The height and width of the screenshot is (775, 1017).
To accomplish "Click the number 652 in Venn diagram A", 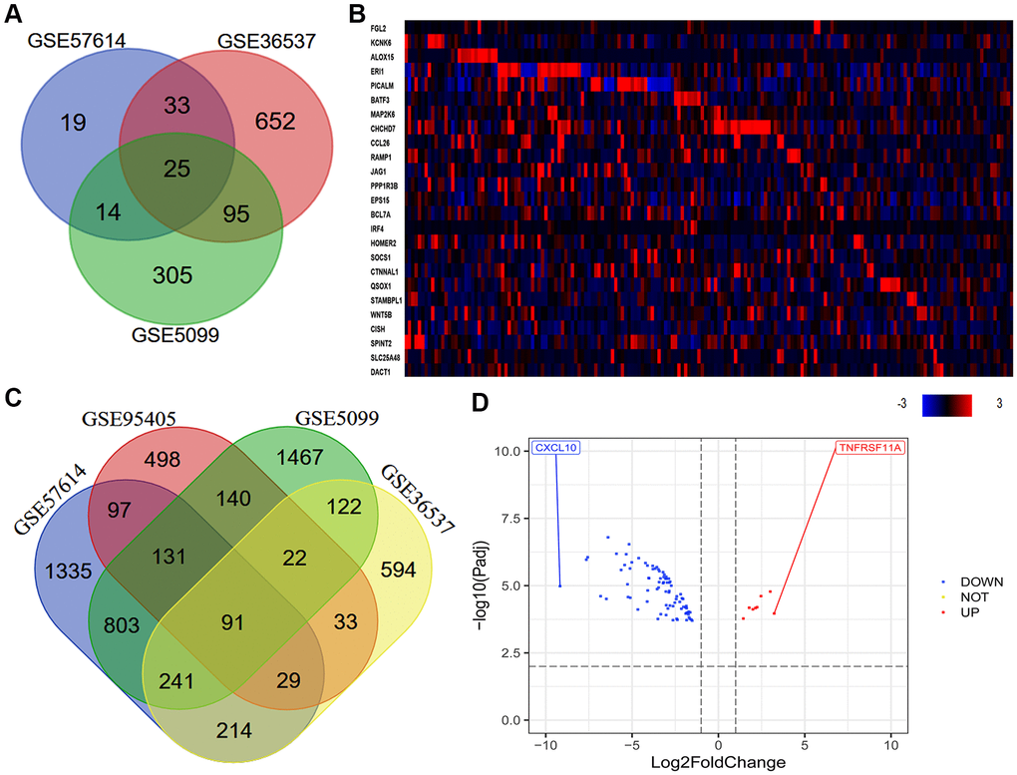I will point(275,122).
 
